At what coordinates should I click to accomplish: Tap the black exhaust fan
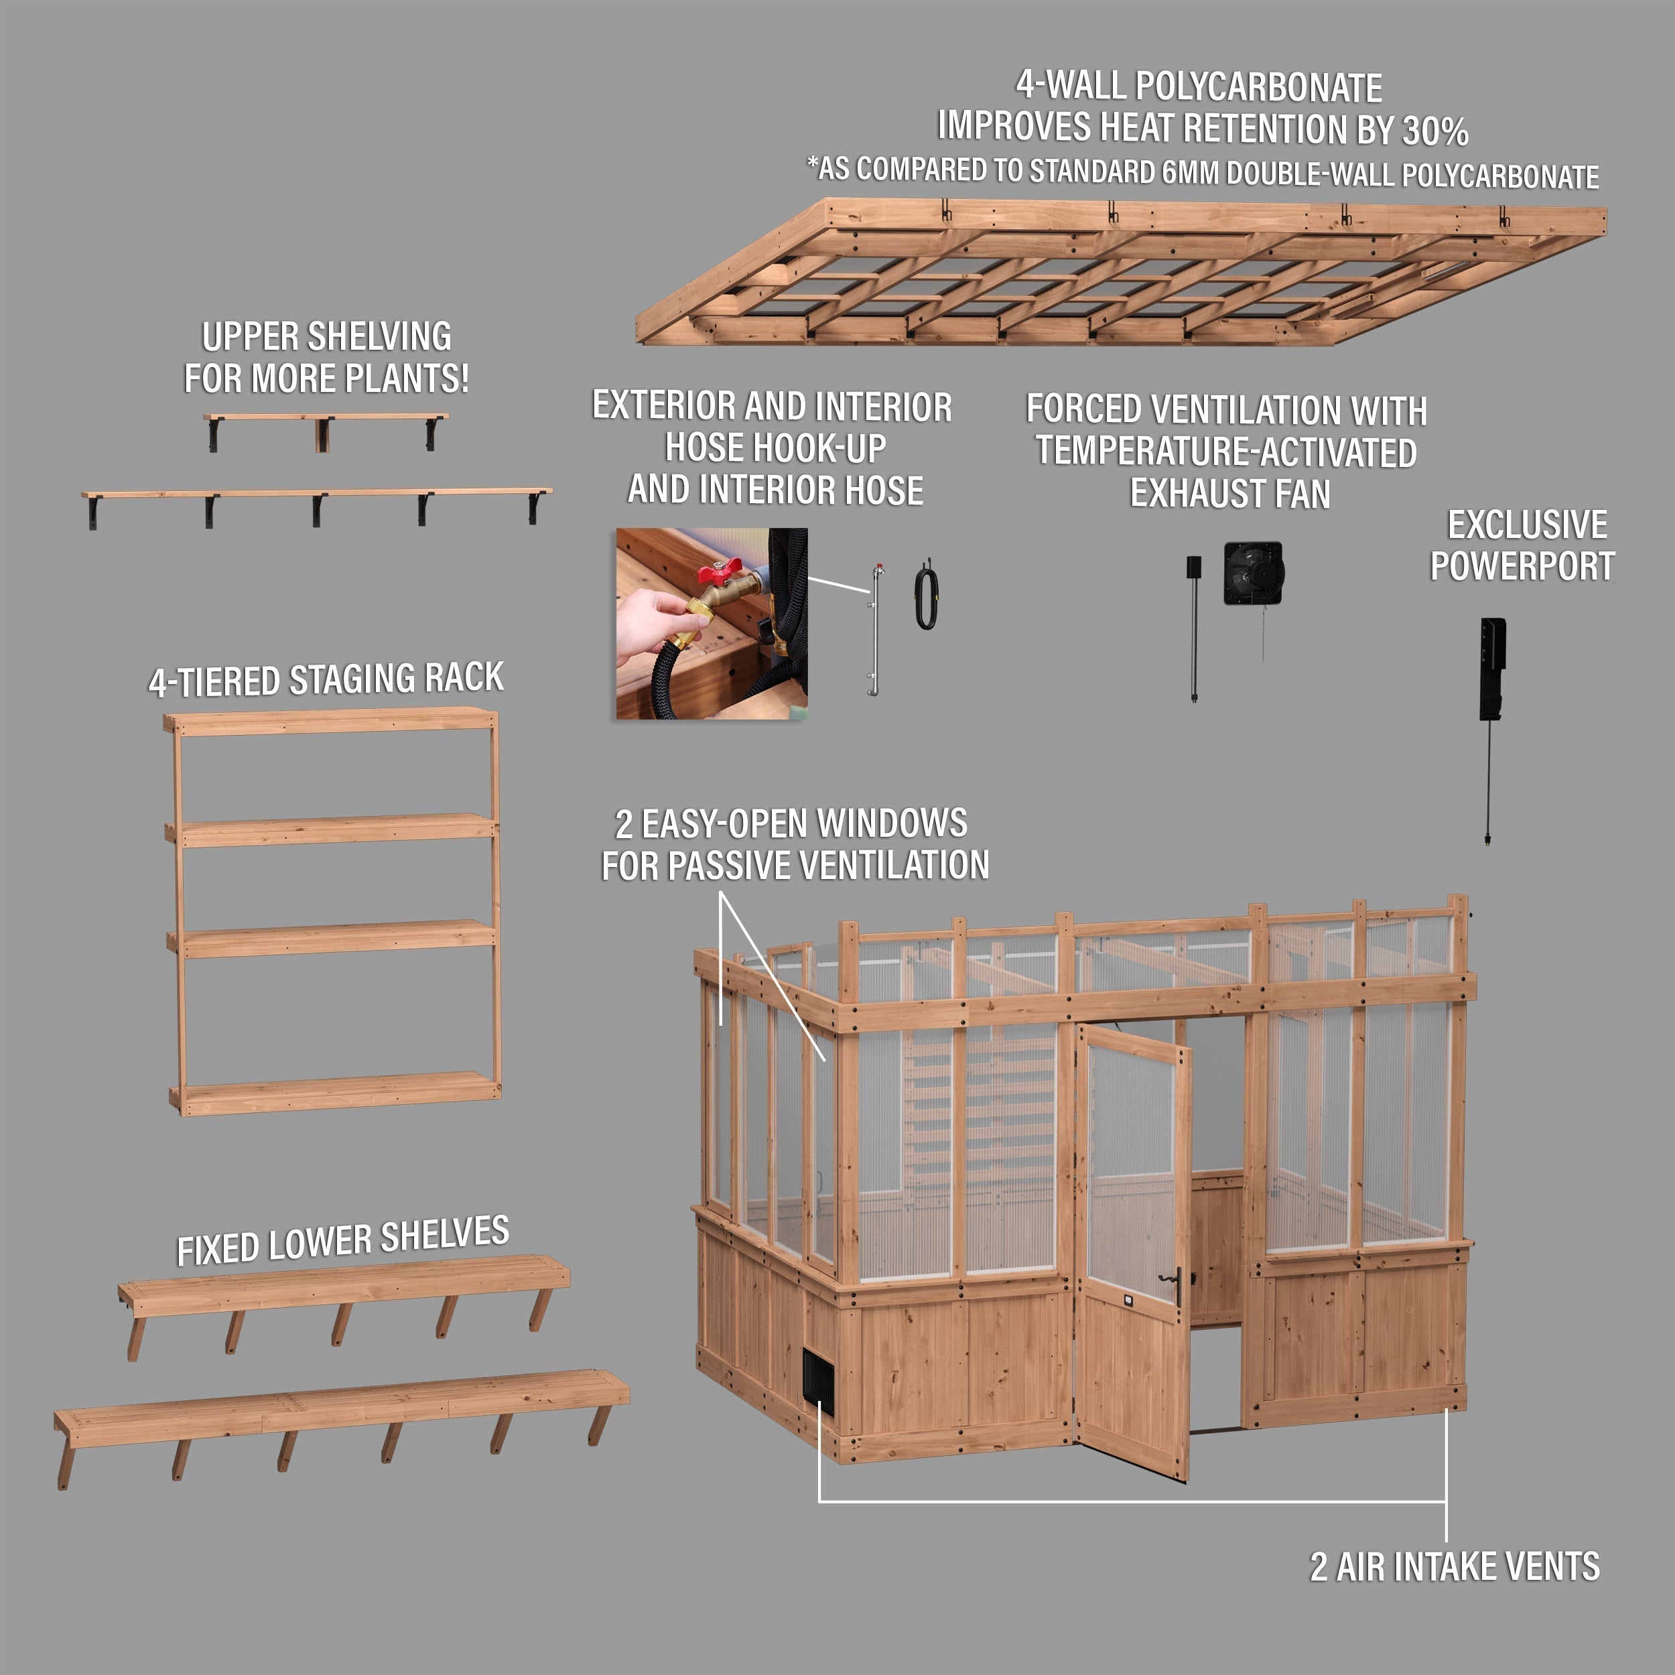[x=1254, y=572]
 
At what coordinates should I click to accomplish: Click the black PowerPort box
[x=1493, y=669]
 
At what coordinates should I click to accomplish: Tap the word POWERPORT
[x=1522, y=567]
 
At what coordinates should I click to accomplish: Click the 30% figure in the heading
[x=1436, y=131]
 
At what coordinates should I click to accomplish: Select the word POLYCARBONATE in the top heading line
[x=1259, y=86]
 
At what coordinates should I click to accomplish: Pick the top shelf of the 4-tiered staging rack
[x=331, y=722]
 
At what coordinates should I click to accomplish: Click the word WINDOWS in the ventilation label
[x=893, y=823]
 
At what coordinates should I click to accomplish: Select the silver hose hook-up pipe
[x=876, y=629]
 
